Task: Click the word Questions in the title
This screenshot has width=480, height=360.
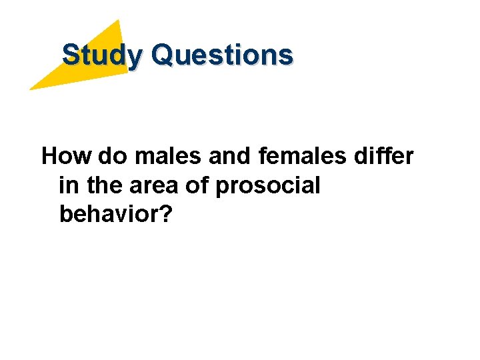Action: click(221, 55)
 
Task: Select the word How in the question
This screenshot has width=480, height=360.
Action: click(67, 157)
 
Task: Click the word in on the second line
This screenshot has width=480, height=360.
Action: click(67, 186)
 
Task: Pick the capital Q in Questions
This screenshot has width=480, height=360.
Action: click(162, 55)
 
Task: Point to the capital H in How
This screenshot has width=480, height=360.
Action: click(51, 157)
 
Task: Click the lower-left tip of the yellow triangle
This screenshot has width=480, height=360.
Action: click(31, 89)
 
